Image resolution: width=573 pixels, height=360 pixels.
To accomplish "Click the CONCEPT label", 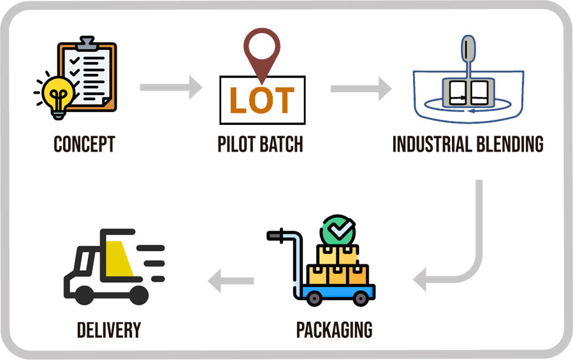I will coord(84,145).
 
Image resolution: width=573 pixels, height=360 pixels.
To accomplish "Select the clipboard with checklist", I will coord(89,73).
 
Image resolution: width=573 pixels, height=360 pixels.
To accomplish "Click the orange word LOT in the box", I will coord(262,100).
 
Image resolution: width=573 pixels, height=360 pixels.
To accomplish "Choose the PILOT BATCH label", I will coord(260,145).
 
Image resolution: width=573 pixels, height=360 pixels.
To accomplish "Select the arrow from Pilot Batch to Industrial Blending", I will coord(361,87).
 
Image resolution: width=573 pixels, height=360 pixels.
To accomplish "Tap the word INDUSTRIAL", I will coord(429,145).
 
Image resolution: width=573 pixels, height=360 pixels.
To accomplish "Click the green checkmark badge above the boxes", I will coord(338,231).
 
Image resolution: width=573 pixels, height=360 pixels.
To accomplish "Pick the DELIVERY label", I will coord(109,330).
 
